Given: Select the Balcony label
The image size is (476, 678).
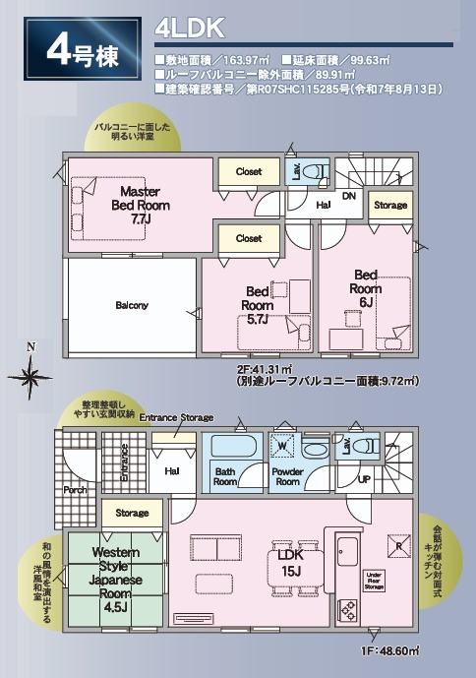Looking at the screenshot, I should click(131, 305).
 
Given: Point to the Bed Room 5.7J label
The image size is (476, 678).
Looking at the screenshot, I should click(259, 305).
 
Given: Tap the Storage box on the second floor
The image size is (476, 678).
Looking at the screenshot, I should click(390, 206).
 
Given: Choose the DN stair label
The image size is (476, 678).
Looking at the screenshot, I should click(348, 195).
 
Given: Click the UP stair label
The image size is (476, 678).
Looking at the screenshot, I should click(364, 479).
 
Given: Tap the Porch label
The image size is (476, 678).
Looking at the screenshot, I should click(75, 489).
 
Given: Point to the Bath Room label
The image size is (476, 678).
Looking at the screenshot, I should click(226, 476).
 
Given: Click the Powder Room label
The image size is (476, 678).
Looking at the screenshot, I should click(287, 476).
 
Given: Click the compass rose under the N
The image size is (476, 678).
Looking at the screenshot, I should click(31, 375).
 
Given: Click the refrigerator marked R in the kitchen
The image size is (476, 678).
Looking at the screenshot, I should click(398, 544).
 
